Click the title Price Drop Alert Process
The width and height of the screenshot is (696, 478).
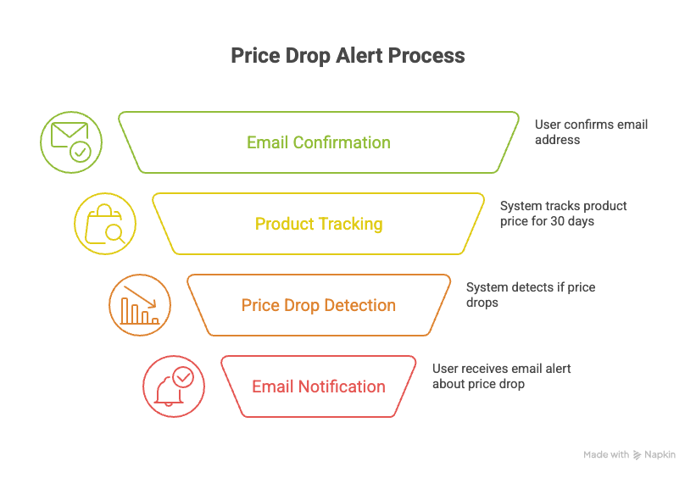tap(348, 56)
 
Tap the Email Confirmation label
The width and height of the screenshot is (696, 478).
tap(318, 142)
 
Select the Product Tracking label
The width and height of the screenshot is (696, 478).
tap(318, 224)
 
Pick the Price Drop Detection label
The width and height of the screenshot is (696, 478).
tap(318, 305)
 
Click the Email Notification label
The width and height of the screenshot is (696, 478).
tap(318, 386)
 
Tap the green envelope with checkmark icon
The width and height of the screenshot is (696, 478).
tap(71, 142)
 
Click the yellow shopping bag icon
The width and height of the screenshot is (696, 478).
tap(104, 224)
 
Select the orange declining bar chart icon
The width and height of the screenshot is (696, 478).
tap(140, 305)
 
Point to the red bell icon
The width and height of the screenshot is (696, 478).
tap(173, 386)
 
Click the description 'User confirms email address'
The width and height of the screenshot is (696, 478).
tap(591, 131)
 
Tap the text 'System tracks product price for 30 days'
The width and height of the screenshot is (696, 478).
tap(563, 214)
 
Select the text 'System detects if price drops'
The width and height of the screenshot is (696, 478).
tap(531, 295)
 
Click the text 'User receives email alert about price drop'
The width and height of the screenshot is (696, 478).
tap(501, 376)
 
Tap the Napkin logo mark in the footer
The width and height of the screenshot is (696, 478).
tap(638, 455)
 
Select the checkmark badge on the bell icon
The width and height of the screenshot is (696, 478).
tap(182, 376)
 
